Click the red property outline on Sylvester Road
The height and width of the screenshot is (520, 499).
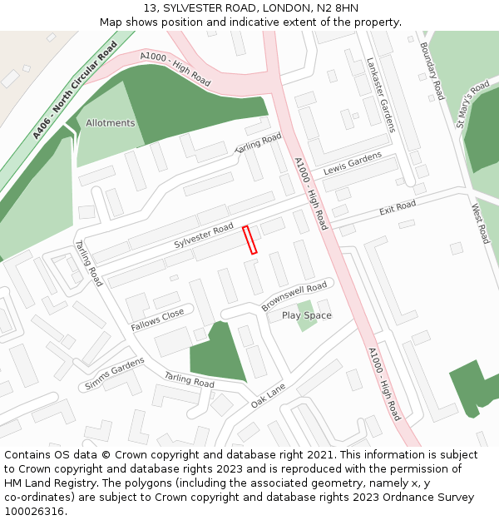pyautogui.click(x=250, y=240)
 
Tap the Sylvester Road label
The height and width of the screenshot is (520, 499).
pyautogui.click(x=204, y=236)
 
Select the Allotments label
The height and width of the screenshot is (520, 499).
pyautogui.click(x=110, y=123)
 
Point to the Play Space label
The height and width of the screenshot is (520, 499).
pyautogui.click(x=306, y=315)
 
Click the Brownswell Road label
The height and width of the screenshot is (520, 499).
pyautogui.click(x=294, y=297)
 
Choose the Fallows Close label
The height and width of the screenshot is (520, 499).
pyautogui.click(x=157, y=319)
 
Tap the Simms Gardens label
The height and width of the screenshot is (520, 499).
pyautogui.click(x=115, y=374)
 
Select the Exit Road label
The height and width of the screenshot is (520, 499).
pyautogui.click(x=398, y=207)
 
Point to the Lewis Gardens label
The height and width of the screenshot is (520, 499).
pyautogui.click(x=353, y=162)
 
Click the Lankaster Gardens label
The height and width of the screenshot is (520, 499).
pyautogui.click(x=380, y=94)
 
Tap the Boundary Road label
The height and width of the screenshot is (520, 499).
pyautogui.click(x=432, y=71)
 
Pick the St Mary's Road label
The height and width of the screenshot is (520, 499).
pyautogui.click(x=472, y=103)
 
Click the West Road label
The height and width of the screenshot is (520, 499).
pyautogui.click(x=482, y=222)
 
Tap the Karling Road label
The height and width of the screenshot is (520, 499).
pyautogui.click(x=258, y=144)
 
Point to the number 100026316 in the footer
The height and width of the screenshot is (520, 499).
pyautogui.click(x=36, y=511)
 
